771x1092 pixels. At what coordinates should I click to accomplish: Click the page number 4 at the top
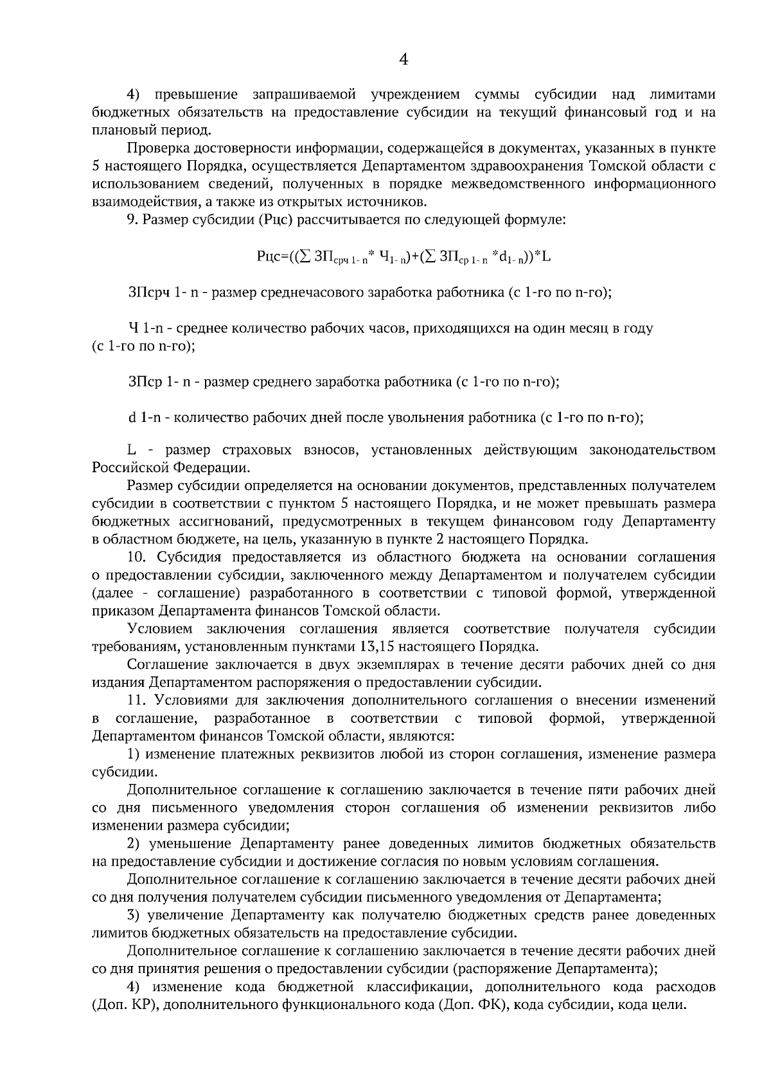pos(403,60)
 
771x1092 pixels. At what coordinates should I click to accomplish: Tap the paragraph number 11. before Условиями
pos(138,700)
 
